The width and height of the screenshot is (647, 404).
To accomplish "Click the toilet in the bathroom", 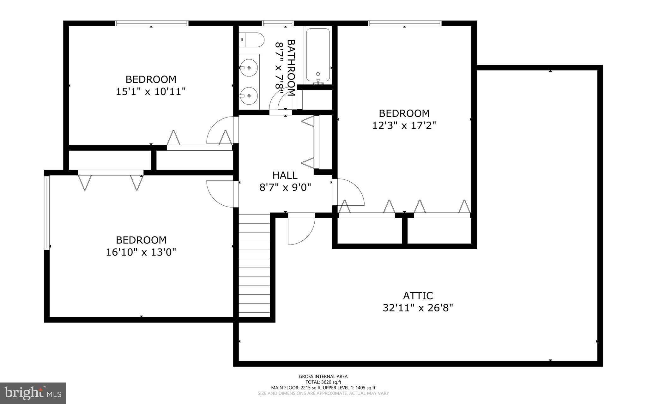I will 252,40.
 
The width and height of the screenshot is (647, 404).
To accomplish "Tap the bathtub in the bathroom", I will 318,55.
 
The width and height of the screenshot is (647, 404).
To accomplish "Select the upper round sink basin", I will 249,68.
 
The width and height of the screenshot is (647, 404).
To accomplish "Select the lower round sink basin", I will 249,95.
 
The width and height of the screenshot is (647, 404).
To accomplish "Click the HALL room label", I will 285,175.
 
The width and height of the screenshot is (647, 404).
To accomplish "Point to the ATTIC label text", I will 418,296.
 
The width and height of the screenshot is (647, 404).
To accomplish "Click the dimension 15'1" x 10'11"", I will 150,92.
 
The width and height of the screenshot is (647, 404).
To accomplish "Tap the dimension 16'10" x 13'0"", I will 141,252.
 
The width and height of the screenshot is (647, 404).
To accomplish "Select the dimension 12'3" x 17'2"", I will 404,126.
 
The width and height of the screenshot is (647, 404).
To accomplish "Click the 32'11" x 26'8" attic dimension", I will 418,308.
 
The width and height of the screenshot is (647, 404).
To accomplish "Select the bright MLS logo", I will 33,393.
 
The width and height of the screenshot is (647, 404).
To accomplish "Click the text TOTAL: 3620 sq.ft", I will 323,382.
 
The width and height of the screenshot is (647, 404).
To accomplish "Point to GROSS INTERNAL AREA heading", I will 323,376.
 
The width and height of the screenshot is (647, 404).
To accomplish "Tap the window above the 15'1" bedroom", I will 151,23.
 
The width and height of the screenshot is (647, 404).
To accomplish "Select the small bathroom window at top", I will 278,23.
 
